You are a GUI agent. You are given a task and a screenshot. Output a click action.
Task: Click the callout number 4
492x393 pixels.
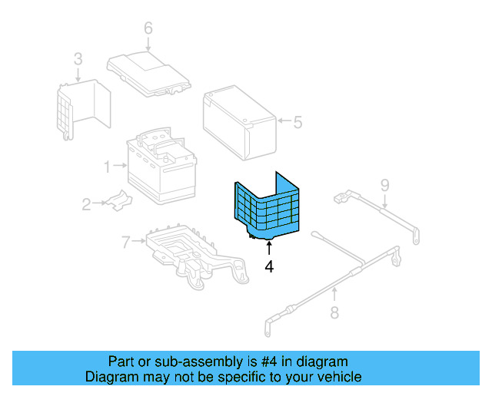[x=268, y=267]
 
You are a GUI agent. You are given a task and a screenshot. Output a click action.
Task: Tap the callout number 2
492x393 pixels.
[x=86, y=203]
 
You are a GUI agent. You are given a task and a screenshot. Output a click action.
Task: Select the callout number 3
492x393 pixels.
[x=78, y=58]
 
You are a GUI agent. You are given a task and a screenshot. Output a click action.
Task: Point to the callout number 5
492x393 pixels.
[x=298, y=121]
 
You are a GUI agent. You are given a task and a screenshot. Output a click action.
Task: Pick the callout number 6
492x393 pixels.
[x=148, y=28]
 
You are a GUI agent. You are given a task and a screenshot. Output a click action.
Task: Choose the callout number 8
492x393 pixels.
[x=334, y=312]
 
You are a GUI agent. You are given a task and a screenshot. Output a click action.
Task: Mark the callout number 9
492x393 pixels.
[x=384, y=183]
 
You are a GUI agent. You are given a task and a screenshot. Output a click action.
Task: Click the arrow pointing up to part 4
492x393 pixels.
[x=268, y=248]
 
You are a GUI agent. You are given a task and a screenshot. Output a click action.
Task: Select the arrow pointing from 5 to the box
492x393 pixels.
[x=284, y=121]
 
